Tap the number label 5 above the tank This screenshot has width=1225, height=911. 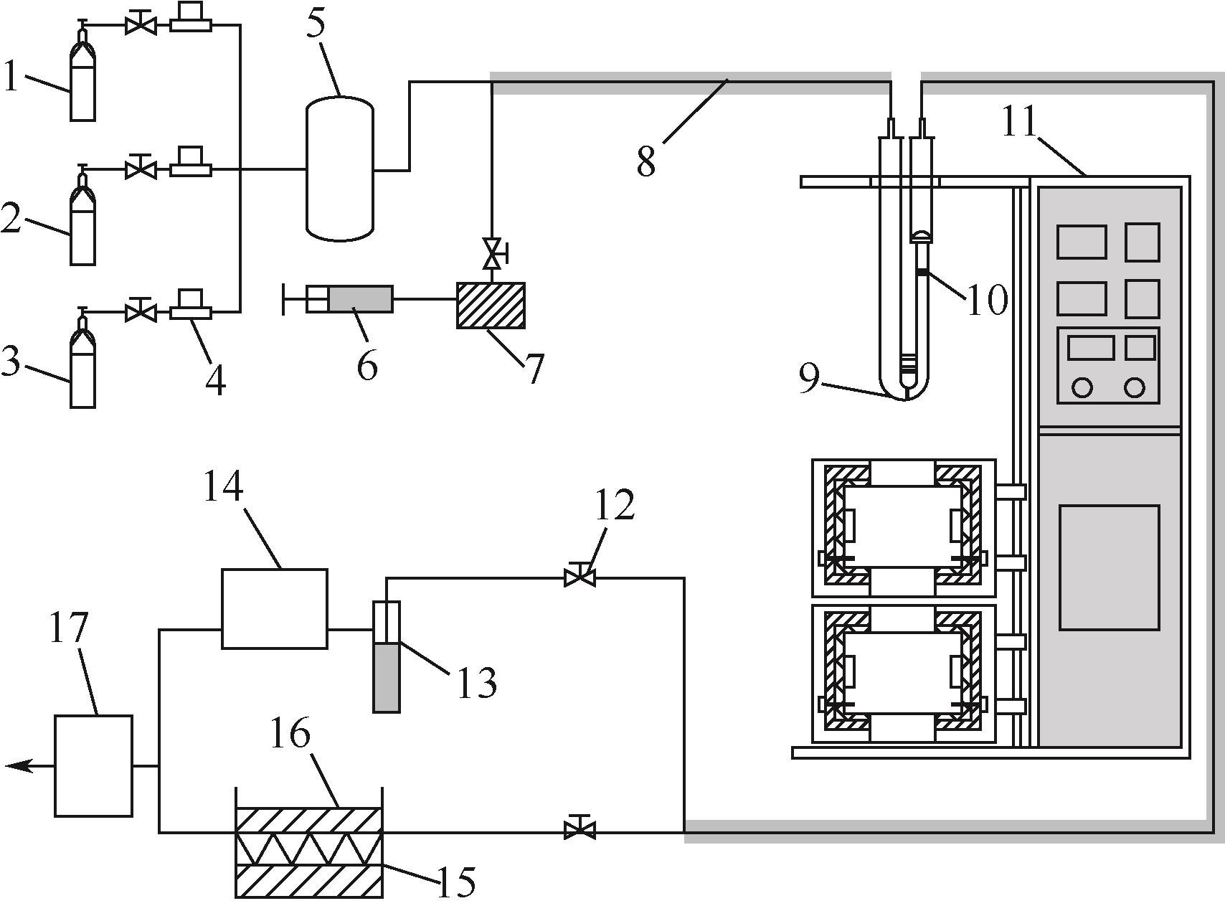pyautogui.click(x=316, y=24)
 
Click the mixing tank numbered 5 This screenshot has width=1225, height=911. pyautogui.click(x=340, y=169)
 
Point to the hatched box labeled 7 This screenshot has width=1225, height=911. pyautogui.click(x=491, y=305)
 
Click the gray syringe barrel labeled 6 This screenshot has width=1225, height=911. pyautogui.click(x=361, y=299)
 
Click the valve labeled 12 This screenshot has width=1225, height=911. pyautogui.click(x=580, y=575)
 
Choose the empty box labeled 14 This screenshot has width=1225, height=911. pyautogui.click(x=275, y=608)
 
